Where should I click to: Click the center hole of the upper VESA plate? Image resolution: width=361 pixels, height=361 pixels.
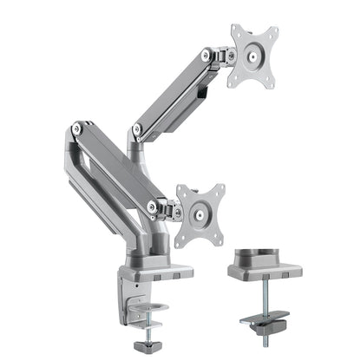(253, 56)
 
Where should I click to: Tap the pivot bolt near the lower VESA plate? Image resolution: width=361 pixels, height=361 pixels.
(154, 206)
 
